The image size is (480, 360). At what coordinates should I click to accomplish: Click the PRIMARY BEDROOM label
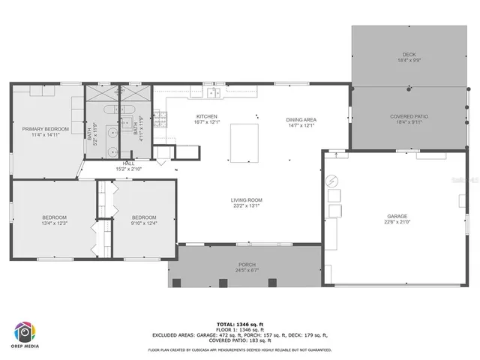(45, 129)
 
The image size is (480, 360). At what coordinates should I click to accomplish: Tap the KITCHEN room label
(206, 116)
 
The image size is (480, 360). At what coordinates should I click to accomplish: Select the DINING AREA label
(301, 120)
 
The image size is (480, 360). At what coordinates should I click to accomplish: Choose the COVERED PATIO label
(409, 116)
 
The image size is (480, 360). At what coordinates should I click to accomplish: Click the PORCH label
(246, 264)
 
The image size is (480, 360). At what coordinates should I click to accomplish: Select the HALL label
(128, 163)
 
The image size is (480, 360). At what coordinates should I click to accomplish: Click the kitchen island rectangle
(243, 142)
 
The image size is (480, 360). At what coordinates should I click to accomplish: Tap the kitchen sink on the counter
(214, 93)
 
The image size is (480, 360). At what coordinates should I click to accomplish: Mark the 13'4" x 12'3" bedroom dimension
(54, 223)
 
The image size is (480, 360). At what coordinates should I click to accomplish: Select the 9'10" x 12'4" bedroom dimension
(143, 223)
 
